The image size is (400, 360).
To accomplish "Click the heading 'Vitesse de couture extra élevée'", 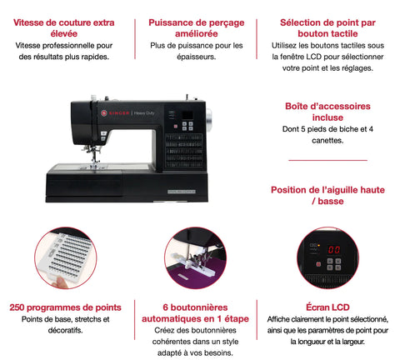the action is coord(64,28).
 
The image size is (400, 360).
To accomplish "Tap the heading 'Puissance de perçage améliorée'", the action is coord(197,28).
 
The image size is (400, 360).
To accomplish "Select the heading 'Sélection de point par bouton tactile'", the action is coord(327,28).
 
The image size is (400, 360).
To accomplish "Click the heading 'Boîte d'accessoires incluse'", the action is coord(327,112).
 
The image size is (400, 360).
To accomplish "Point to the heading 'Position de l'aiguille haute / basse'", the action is coord(327,196).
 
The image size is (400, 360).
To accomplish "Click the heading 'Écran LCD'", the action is coord(327,307).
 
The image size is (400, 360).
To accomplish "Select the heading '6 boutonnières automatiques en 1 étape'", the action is coord(195,313).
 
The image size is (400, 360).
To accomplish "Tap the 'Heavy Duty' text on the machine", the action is coord(144,113).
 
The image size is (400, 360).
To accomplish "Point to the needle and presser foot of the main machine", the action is coord(94,156).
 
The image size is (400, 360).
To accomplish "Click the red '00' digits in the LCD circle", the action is coord(334,250).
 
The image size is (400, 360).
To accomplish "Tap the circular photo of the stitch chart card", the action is coord(66,257).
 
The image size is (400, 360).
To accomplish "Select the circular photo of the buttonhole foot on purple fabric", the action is coord(195,257).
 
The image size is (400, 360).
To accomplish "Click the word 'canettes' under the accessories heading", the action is coord(327,141).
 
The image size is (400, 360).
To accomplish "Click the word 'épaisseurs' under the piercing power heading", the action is coord(197,57).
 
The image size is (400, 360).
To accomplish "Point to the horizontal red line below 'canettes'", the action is coord(327,160).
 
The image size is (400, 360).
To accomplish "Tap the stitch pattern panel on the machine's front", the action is coord(184,151).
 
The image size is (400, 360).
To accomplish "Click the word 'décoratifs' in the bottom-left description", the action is coord(65,331).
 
